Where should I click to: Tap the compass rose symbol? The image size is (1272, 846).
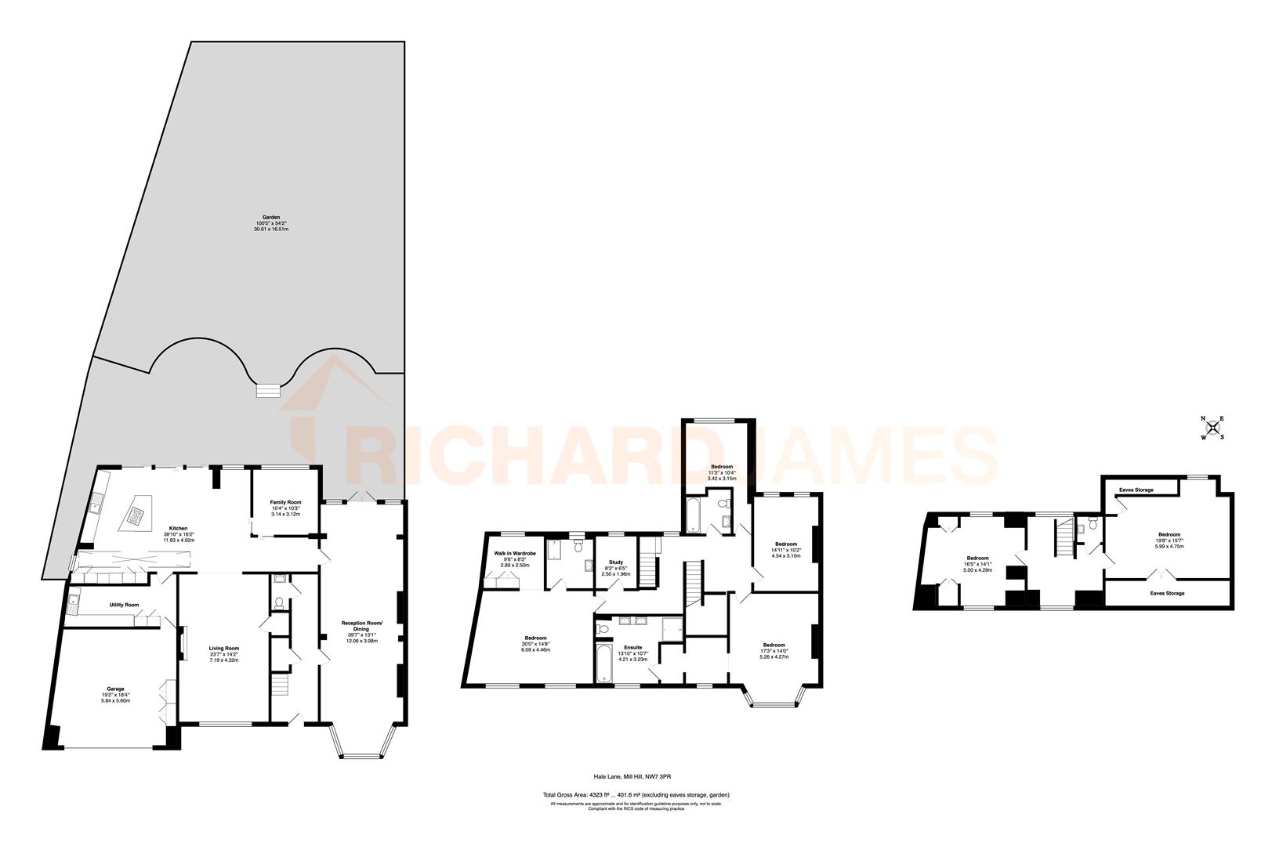[1212, 428]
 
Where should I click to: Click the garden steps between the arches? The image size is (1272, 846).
[269, 389]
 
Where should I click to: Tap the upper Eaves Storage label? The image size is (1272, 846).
[1136, 490]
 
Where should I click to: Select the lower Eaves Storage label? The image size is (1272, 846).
[1167, 593]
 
